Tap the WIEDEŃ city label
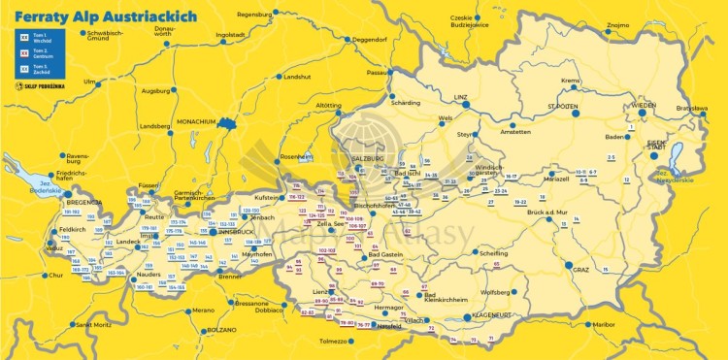(x=645, y=105)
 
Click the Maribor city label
(x=604, y=324)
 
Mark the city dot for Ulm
(x=101, y=82)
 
